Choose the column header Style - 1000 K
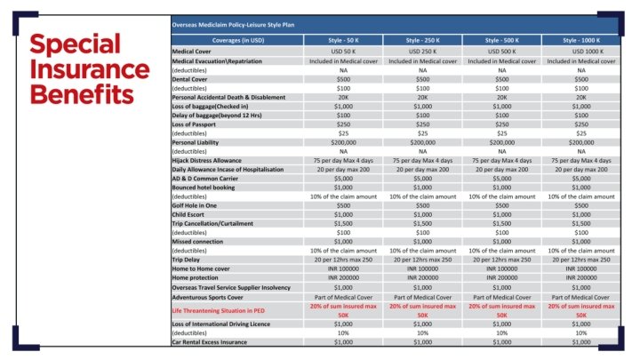point(581,41)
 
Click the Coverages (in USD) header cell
point(236,41)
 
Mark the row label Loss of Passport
point(198,124)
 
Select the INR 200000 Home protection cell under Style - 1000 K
point(581,278)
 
